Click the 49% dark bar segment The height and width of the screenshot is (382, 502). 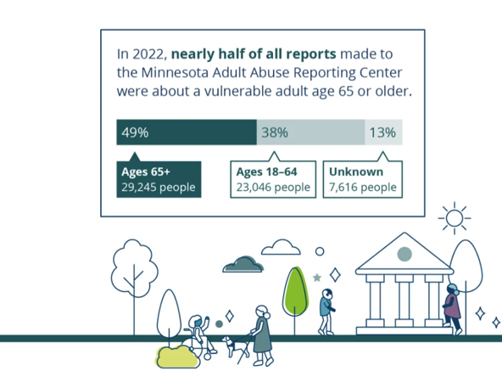(x=187, y=132)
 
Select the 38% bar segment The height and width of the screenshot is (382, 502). (x=310, y=132)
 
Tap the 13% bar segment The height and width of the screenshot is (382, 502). (x=383, y=132)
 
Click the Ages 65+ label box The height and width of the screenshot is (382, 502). (x=159, y=179)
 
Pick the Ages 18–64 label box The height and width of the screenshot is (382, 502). (x=273, y=179)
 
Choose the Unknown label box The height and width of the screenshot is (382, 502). (x=362, y=179)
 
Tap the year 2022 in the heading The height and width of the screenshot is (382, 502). (x=148, y=53)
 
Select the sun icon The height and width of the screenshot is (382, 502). (x=455, y=218)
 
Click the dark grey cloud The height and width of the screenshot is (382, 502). (x=243, y=265)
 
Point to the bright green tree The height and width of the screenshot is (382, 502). (x=295, y=292)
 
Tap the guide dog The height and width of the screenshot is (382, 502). (x=233, y=346)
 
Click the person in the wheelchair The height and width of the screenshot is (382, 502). (x=200, y=335)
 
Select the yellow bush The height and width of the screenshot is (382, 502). (x=177, y=357)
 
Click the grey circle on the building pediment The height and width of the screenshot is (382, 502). (x=404, y=254)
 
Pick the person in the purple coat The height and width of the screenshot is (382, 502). (x=452, y=308)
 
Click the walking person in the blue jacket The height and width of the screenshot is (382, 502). (x=326, y=312)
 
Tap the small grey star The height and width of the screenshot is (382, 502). (x=317, y=278)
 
